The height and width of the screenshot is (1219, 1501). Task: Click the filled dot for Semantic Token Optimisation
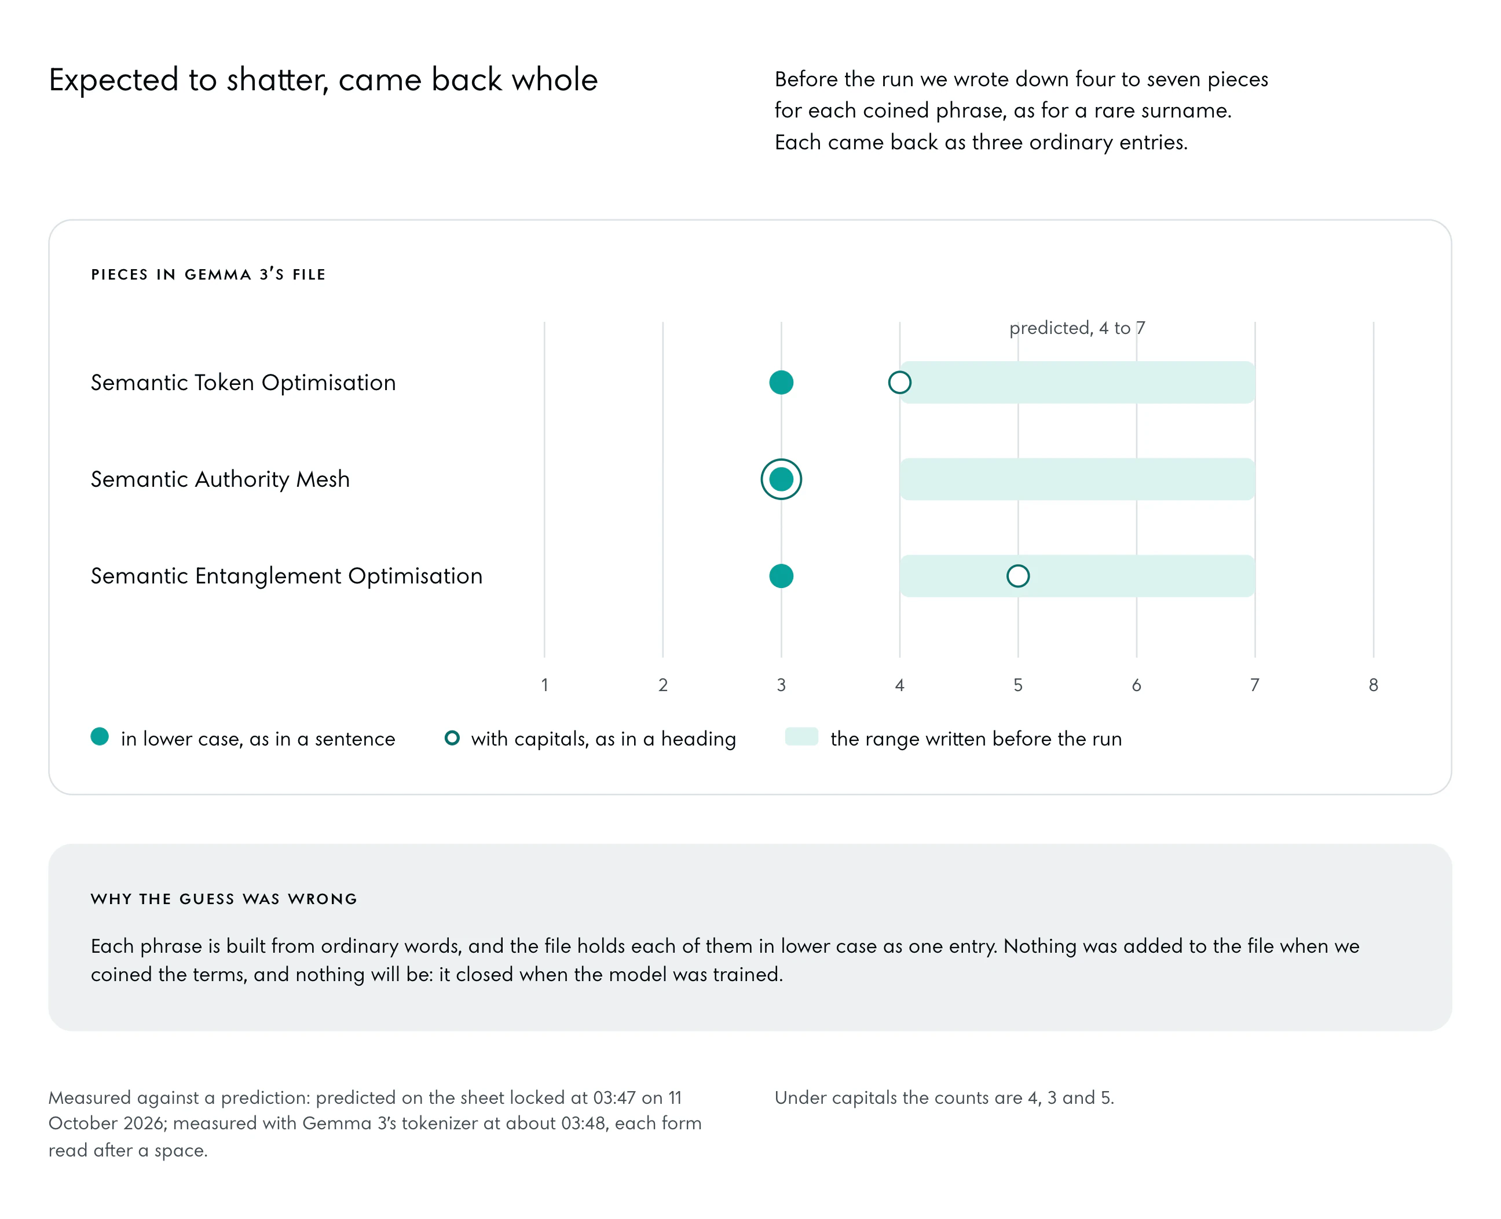coord(781,383)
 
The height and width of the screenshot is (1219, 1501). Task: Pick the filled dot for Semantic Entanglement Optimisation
coord(781,576)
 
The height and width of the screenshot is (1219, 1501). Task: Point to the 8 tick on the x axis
coord(1373,685)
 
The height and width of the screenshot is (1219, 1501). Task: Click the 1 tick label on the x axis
coord(544,685)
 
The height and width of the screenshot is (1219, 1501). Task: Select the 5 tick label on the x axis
coord(1018,685)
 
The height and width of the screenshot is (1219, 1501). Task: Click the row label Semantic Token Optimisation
coord(243,383)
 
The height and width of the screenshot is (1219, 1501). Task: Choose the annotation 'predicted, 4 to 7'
coord(1077,328)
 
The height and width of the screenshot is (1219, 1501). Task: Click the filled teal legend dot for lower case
coord(100,737)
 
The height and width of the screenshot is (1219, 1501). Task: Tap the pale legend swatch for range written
coord(801,737)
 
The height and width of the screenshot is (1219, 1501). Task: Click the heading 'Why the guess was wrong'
coord(224,899)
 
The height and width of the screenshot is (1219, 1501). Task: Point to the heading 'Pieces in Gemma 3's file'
coord(208,274)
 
